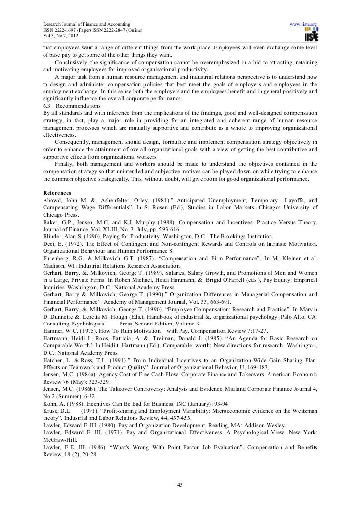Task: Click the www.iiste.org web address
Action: point(303,24)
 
